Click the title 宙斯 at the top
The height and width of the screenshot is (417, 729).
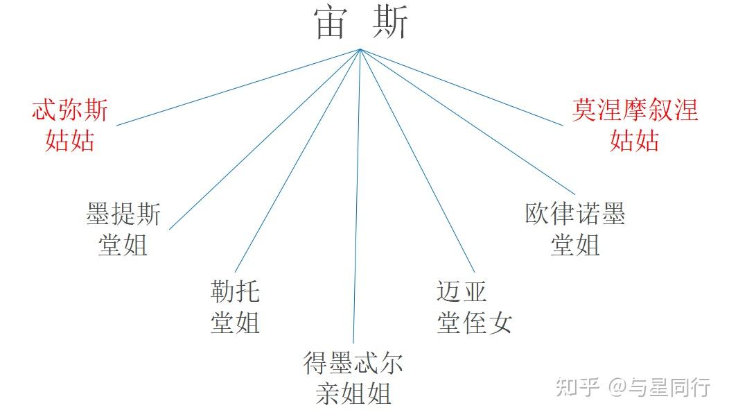[x=361, y=22]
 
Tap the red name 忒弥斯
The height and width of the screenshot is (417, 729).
[x=70, y=111]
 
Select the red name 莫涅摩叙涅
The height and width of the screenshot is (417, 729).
[x=635, y=111]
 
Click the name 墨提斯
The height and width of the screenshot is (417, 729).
[x=123, y=214]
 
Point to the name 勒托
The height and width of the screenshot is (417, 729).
[x=235, y=292]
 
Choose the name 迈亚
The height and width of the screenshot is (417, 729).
[x=462, y=292]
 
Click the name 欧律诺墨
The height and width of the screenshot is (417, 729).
[x=575, y=214]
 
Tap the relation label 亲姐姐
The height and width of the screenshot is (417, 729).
[x=353, y=394]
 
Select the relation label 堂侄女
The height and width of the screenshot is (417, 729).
[x=474, y=323]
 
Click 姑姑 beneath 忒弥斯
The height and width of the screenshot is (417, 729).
[x=70, y=141]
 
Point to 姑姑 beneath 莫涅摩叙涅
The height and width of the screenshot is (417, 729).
[x=635, y=141]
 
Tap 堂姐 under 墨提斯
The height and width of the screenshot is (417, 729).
[x=123, y=245]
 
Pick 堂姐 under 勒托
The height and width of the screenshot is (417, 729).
[x=235, y=323]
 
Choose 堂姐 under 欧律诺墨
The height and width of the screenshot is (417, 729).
[x=575, y=245]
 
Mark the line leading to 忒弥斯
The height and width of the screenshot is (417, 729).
[x=236, y=87]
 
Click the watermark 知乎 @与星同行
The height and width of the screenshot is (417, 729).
[x=632, y=386]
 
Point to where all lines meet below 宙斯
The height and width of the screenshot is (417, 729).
[x=360, y=49]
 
